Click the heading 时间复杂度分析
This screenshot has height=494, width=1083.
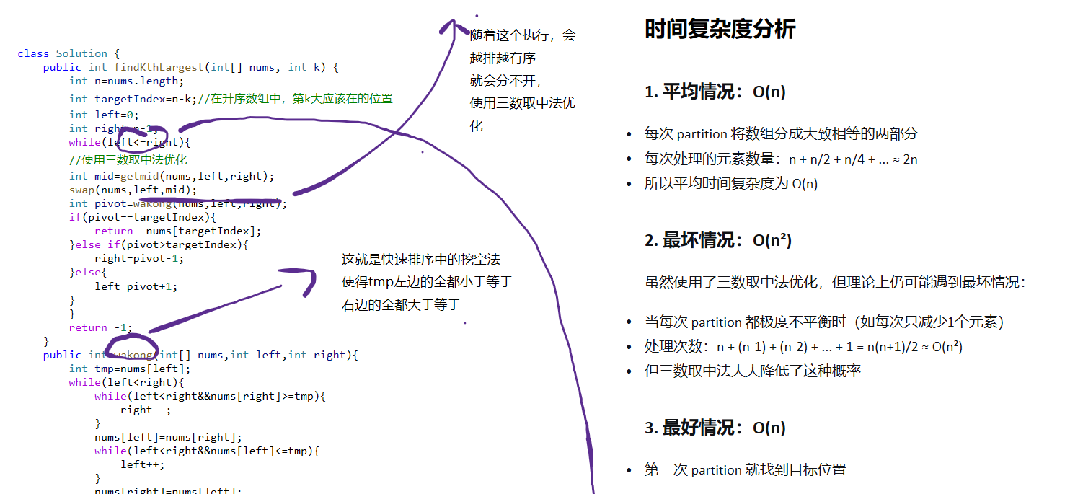[x=720, y=30]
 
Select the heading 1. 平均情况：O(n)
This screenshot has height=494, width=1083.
[x=715, y=92]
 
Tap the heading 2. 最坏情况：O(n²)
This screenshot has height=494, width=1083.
[x=718, y=240]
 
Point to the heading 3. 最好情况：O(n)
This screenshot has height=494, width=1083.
[x=715, y=428]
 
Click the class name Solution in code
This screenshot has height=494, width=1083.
[x=81, y=53]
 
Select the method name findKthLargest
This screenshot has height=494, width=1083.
[x=159, y=67]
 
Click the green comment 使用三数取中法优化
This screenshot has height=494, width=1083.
[x=128, y=159]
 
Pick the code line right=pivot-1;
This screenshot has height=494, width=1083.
[x=138, y=258]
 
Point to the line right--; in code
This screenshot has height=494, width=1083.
[x=146, y=410]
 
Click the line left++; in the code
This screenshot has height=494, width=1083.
[x=142, y=464]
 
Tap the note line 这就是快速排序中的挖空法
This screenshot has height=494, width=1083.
[x=420, y=259]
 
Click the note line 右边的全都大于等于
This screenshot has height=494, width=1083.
[x=401, y=305]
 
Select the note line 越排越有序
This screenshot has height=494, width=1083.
[x=503, y=58]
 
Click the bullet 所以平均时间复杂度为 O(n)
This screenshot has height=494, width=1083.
[x=731, y=184]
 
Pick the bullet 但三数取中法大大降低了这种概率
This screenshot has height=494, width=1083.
[x=753, y=371]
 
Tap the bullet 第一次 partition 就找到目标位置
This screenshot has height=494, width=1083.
[x=745, y=470]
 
